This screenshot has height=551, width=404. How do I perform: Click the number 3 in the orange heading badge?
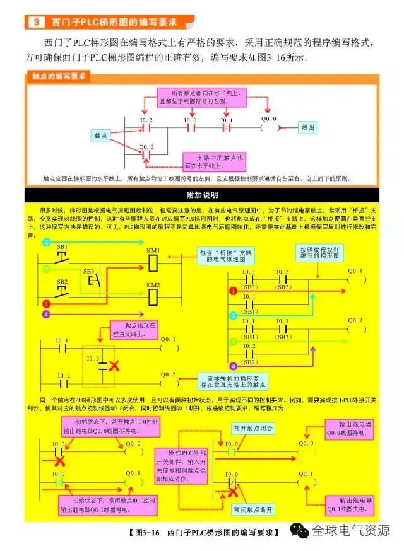pos(36,23)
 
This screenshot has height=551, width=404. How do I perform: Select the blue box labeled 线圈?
pos(308,127)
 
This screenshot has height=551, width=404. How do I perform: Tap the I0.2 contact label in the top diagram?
pos(146,120)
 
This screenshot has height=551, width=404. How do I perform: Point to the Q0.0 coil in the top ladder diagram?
pos(269,127)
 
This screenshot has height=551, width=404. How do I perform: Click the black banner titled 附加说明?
pos(201,194)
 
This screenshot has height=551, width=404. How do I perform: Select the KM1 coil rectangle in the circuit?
pos(153,263)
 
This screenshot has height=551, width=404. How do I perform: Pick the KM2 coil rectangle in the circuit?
pos(153,297)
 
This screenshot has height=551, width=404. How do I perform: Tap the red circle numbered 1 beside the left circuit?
pos(46,303)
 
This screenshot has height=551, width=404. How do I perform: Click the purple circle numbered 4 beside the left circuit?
pos(45,313)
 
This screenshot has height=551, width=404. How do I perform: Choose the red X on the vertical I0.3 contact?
pos(114,366)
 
